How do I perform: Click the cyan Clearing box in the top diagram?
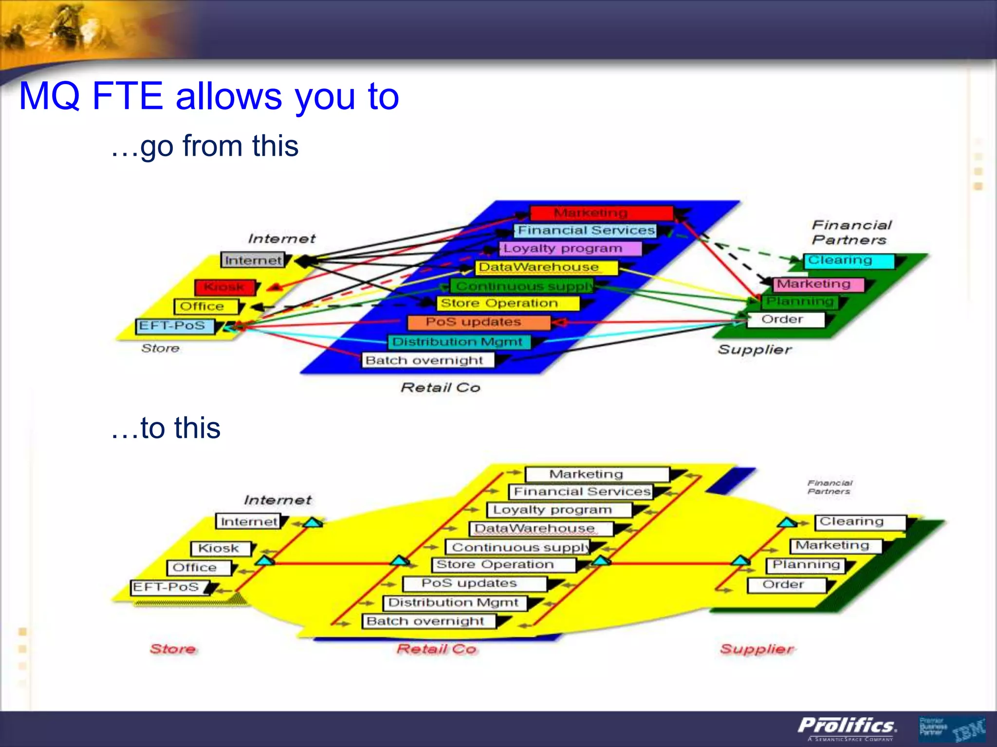[x=848, y=261]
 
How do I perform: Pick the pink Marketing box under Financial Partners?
[x=818, y=284]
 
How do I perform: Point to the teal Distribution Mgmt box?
[x=458, y=342]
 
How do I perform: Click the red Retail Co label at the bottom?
[x=437, y=649]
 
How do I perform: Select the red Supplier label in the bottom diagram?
[x=756, y=649]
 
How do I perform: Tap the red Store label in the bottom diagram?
[x=173, y=649]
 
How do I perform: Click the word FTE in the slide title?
[x=127, y=96]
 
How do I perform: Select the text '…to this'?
[x=166, y=428]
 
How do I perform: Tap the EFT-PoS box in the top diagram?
[x=175, y=326]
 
